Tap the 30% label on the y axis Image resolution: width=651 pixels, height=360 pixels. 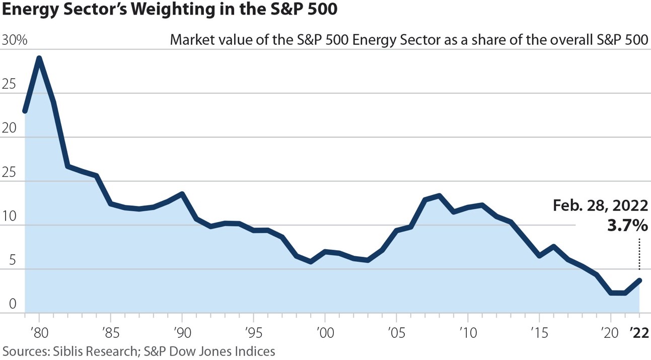(15, 41)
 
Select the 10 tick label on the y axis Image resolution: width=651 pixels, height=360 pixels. (10, 217)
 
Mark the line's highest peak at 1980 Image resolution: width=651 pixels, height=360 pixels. (39, 58)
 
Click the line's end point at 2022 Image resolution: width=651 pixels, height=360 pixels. (639, 280)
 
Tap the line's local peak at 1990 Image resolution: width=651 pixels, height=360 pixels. (182, 194)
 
